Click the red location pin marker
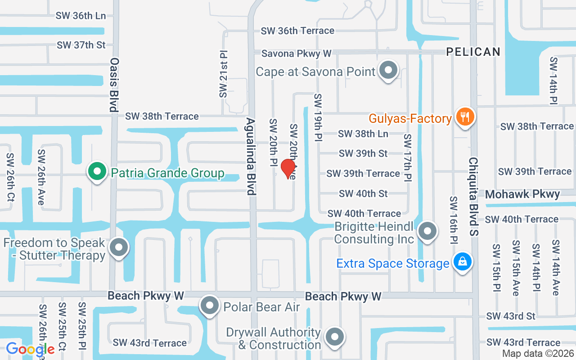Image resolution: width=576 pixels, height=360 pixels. [x=288, y=169]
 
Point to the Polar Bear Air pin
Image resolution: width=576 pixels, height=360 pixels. [x=209, y=306]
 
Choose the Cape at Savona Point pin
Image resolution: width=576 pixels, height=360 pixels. [x=388, y=70]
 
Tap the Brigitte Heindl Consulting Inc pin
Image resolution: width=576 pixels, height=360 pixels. [x=427, y=231]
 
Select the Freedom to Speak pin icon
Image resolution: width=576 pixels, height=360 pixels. [x=119, y=247]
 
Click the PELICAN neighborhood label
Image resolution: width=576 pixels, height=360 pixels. [x=473, y=52]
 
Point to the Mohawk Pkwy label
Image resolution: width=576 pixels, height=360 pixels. [x=522, y=194]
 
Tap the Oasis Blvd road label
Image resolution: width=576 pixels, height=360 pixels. [x=114, y=84]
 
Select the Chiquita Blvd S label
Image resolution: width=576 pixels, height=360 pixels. [x=474, y=197]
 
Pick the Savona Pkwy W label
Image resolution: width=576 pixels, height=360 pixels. [x=297, y=54]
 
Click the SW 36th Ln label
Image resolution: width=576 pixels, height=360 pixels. [x=81, y=15]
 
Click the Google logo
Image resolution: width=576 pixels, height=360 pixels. [x=30, y=349]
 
